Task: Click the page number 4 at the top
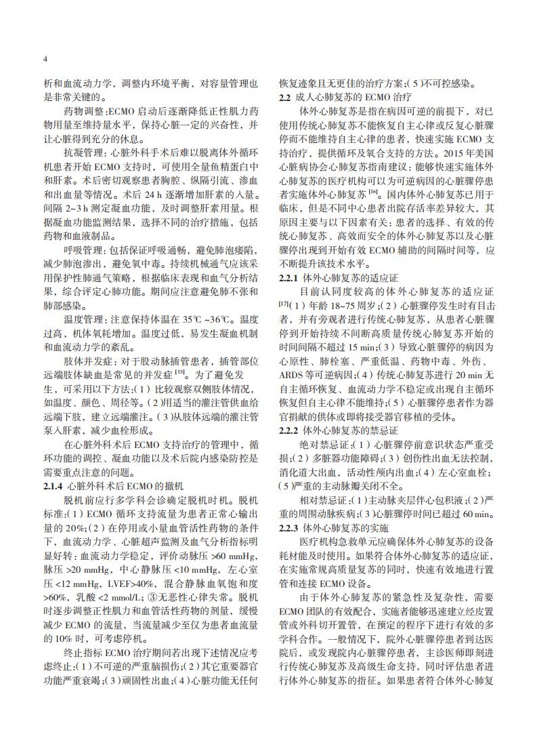point(44,59)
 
